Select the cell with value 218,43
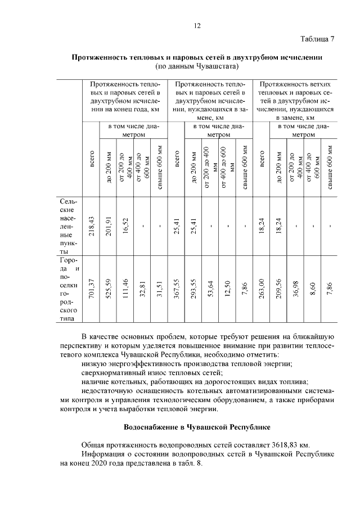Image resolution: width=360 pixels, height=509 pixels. point(92,226)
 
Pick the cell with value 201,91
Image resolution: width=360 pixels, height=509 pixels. point(109,226)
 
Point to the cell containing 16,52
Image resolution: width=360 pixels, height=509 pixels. point(126,226)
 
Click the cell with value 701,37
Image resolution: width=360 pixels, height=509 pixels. point(92,290)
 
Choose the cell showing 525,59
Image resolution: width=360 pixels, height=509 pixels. point(109,290)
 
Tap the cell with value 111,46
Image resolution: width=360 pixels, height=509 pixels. point(126,290)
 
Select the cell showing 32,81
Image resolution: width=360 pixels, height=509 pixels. point(143,290)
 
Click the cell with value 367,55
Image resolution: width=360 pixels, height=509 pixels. point(175,290)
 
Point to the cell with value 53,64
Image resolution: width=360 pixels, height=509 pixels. point(210,290)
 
